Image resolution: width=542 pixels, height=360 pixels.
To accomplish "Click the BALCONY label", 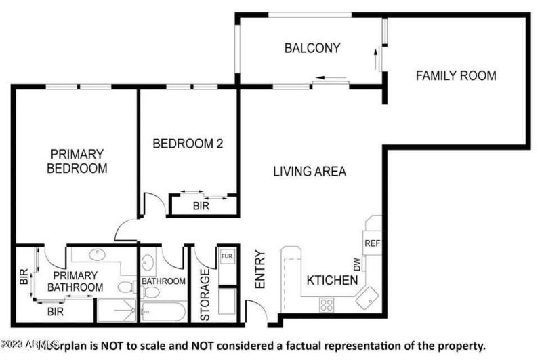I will tap(312, 48).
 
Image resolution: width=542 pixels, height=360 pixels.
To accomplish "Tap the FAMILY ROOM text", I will tap(455, 75).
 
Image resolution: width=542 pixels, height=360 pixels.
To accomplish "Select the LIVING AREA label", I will tap(310, 172).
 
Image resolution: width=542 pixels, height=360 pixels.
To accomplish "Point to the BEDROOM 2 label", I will tap(188, 144).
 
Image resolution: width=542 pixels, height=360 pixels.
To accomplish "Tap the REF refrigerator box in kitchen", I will tap(372, 243).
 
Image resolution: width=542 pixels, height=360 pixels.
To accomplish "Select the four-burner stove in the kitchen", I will tap(327, 304).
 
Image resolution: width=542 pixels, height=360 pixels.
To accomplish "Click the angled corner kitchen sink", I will tap(369, 295).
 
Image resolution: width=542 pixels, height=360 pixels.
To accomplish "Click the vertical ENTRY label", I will tap(259, 271).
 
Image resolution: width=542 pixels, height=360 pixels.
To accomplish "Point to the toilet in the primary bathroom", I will tap(126, 286).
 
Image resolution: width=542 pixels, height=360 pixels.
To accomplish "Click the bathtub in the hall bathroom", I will tap(163, 312).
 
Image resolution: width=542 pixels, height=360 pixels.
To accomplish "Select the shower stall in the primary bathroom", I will tap(116, 311).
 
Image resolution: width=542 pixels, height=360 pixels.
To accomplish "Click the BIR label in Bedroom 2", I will tap(201, 206).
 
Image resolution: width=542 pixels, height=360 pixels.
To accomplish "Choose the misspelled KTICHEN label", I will tap(332, 280).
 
